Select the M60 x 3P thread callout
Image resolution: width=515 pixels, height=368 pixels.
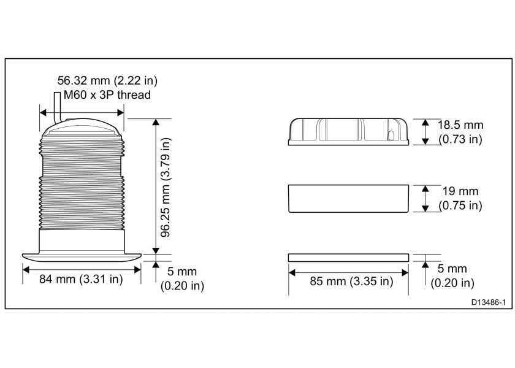[102, 95]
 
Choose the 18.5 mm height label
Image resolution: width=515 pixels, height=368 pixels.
[460, 125]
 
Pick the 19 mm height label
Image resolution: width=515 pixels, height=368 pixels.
[460, 191]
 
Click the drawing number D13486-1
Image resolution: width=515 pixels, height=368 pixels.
[488, 302]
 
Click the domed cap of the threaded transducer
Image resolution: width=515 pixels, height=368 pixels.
[82, 128]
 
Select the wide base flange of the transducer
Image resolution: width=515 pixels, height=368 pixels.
[82, 255]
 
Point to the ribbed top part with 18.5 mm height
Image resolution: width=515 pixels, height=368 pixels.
[348, 131]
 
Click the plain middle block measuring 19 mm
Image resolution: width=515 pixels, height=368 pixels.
[348, 197]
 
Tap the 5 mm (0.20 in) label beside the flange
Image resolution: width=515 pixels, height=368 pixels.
[182, 278]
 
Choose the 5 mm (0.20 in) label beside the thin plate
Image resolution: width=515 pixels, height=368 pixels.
[452, 275]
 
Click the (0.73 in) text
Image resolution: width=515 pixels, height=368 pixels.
[460, 139]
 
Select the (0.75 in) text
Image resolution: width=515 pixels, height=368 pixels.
[460, 205]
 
